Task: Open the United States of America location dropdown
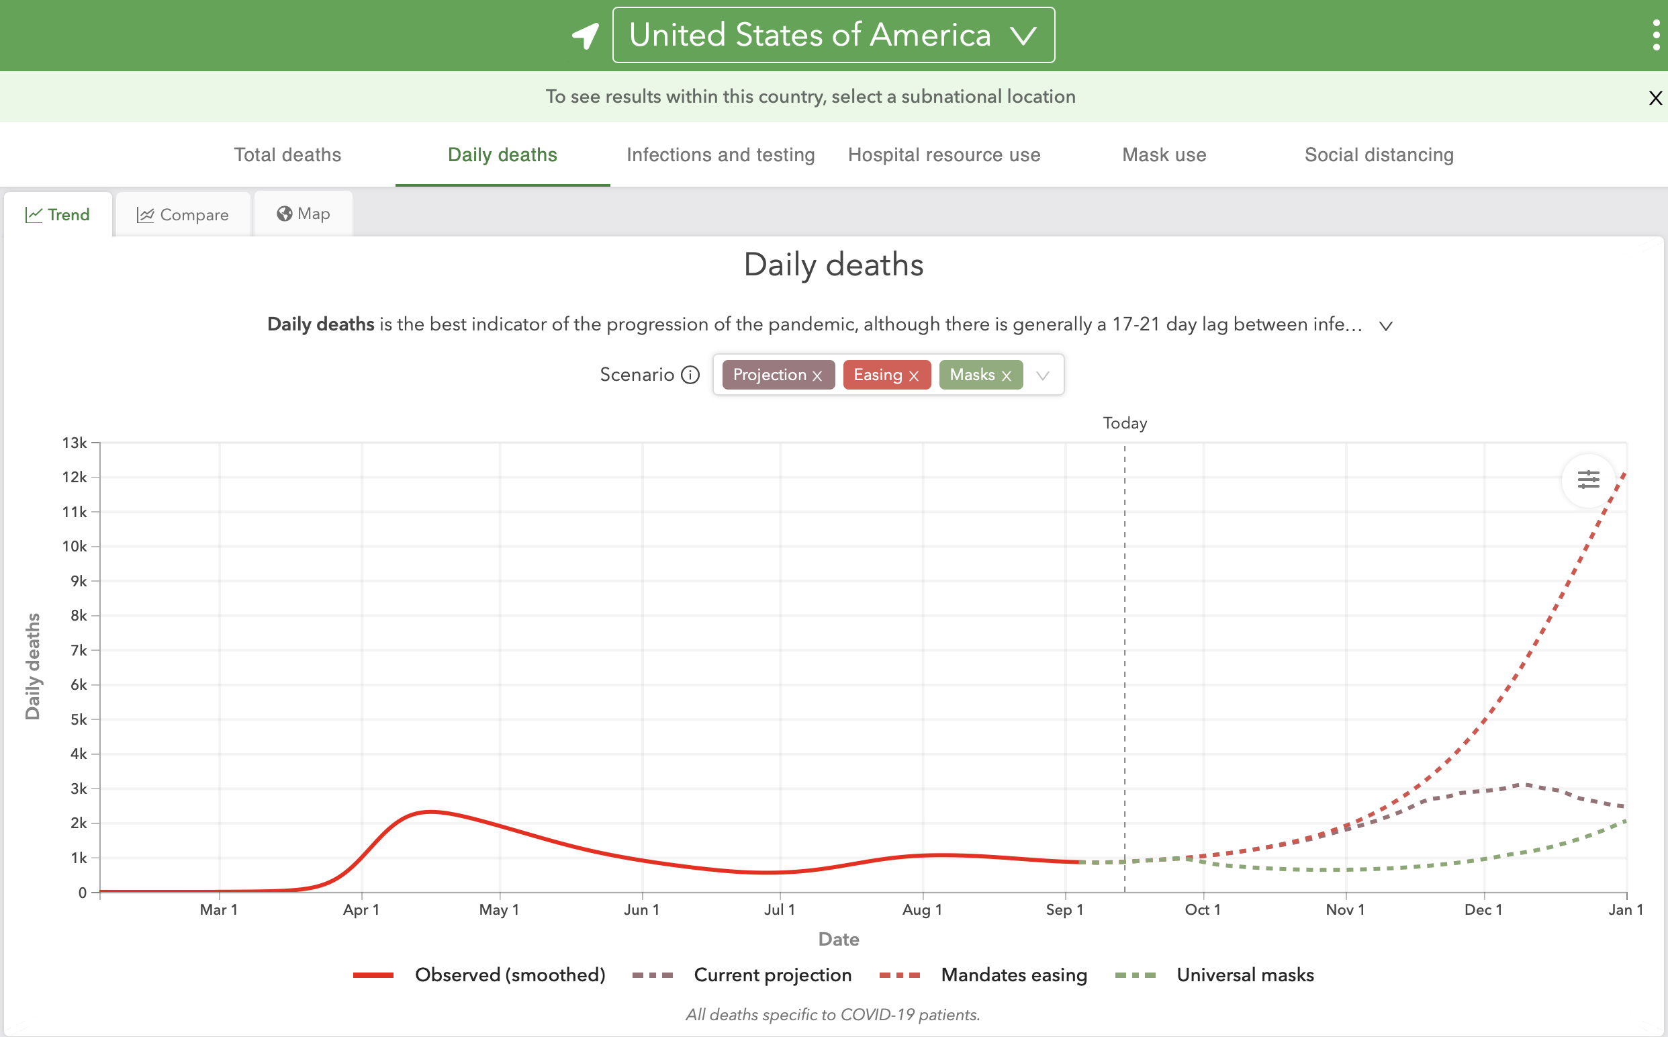point(833,35)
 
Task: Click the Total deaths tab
point(287,155)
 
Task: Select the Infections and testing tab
point(721,155)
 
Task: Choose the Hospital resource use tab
point(944,155)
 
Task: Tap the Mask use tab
point(1164,155)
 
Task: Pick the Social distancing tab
point(1379,155)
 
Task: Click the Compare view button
point(183,215)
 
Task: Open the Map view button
point(304,214)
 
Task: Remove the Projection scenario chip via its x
point(817,376)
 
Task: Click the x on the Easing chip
point(914,376)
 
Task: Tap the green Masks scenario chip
point(980,375)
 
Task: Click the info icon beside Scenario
point(690,375)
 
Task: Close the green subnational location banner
point(1656,98)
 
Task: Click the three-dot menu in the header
point(1657,35)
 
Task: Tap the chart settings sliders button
point(1588,480)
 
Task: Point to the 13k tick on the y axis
point(75,443)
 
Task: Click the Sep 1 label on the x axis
point(1065,910)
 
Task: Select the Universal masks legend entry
point(1215,975)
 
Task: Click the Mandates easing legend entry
point(983,975)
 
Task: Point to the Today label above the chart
point(1125,423)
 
